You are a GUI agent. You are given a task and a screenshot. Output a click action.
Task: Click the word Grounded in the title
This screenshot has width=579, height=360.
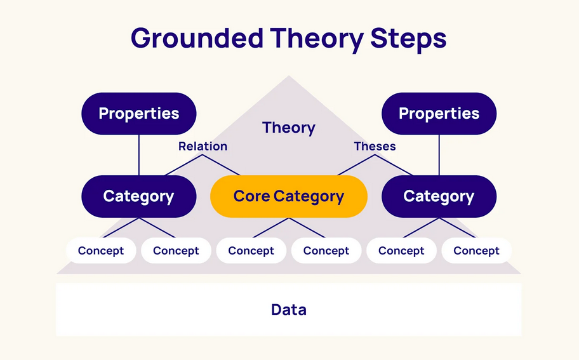tap(197, 37)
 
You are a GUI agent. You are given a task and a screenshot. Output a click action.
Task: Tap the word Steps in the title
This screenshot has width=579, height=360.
tap(408, 39)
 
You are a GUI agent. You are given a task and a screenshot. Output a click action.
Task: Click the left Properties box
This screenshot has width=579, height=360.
tap(139, 114)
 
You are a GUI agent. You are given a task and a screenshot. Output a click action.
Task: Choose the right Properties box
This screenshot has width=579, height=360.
tap(439, 114)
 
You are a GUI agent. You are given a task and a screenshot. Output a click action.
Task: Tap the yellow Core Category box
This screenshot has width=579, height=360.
tap(289, 196)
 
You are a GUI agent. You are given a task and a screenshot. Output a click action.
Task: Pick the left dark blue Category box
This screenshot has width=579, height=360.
tap(139, 196)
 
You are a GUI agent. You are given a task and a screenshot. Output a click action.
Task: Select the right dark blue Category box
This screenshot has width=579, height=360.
tap(439, 196)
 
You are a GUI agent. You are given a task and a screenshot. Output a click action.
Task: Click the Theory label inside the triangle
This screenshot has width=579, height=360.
tap(289, 128)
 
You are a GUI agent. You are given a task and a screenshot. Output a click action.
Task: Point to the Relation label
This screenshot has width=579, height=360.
tap(203, 146)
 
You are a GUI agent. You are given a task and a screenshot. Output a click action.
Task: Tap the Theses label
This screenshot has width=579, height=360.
tap(375, 146)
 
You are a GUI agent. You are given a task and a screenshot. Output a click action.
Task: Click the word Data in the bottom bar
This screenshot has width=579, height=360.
tap(289, 309)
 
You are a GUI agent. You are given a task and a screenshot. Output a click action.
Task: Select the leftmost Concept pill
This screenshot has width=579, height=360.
tap(101, 250)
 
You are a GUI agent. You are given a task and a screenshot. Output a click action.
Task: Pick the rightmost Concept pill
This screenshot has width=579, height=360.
tap(476, 250)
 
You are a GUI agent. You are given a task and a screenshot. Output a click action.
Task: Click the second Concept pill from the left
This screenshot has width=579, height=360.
tap(176, 250)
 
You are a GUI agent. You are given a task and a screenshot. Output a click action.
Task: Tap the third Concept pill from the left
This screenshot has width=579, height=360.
tap(251, 250)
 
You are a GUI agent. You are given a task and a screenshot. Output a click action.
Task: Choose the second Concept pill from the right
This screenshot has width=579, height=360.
tap(401, 250)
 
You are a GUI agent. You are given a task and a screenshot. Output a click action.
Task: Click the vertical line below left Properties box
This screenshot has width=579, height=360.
tap(139, 155)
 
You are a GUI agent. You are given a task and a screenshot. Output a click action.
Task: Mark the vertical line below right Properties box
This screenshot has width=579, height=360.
tap(439, 155)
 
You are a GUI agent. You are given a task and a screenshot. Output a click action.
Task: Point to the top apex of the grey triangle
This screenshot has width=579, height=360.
tap(289, 76)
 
